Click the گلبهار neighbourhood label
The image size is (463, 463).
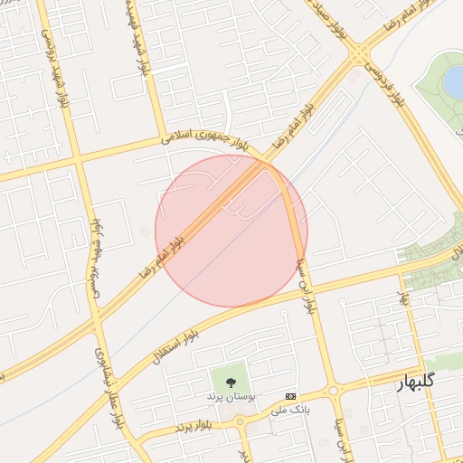click(417, 382)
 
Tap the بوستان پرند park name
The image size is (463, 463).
click(231, 397)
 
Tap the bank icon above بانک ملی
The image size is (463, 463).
click(290, 396)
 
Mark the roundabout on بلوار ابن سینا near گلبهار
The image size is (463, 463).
click(334, 392)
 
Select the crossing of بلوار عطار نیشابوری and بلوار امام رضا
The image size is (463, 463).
click(93, 319)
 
